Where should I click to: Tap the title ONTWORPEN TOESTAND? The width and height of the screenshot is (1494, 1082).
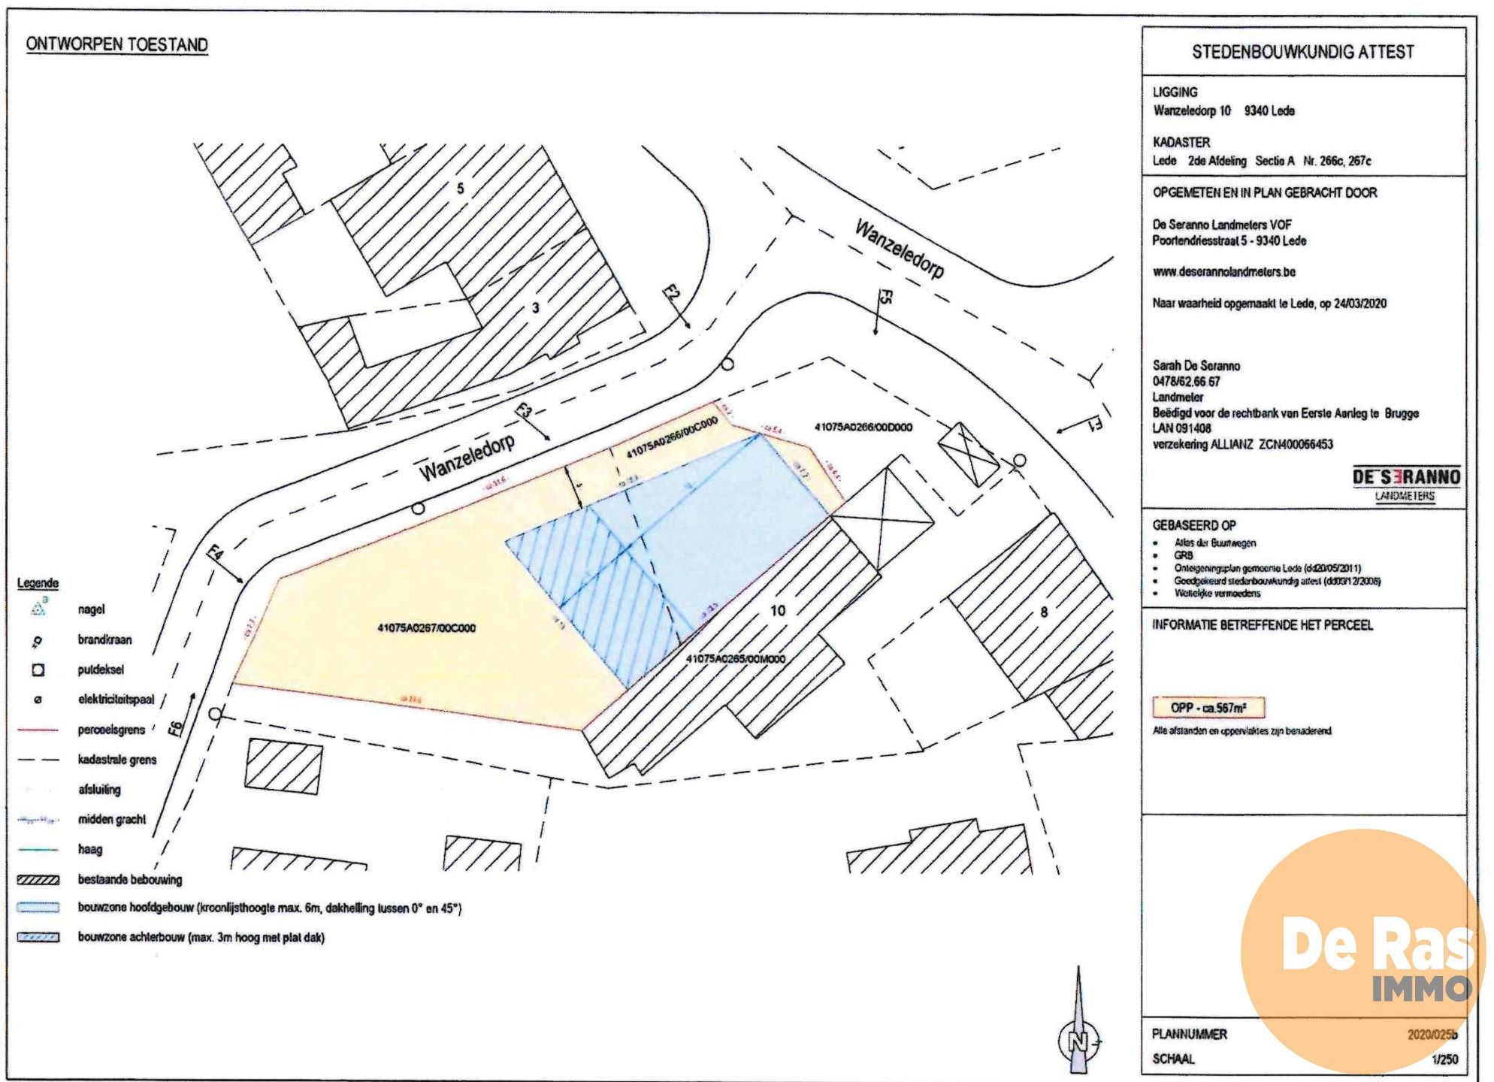(x=116, y=44)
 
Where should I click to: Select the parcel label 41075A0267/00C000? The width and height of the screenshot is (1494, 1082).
(x=426, y=628)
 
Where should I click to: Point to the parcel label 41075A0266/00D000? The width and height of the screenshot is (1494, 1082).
(x=863, y=428)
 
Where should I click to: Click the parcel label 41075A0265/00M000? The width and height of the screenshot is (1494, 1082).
(x=736, y=659)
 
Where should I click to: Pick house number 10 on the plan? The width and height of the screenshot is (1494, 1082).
(x=778, y=611)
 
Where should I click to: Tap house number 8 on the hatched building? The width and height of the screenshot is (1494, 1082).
(x=1043, y=612)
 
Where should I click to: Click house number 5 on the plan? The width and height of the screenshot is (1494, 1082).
(x=461, y=189)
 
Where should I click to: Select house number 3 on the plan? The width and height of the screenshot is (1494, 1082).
(x=535, y=307)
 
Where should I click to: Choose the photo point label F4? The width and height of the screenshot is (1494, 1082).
(x=216, y=558)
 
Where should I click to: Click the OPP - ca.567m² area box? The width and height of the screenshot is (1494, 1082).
(x=1208, y=708)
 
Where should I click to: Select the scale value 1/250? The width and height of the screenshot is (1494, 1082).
(x=1444, y=1059)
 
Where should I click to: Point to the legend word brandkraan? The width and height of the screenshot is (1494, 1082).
(x=104, y=640)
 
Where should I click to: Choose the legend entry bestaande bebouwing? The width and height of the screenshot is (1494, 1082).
(x=129, y=880)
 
